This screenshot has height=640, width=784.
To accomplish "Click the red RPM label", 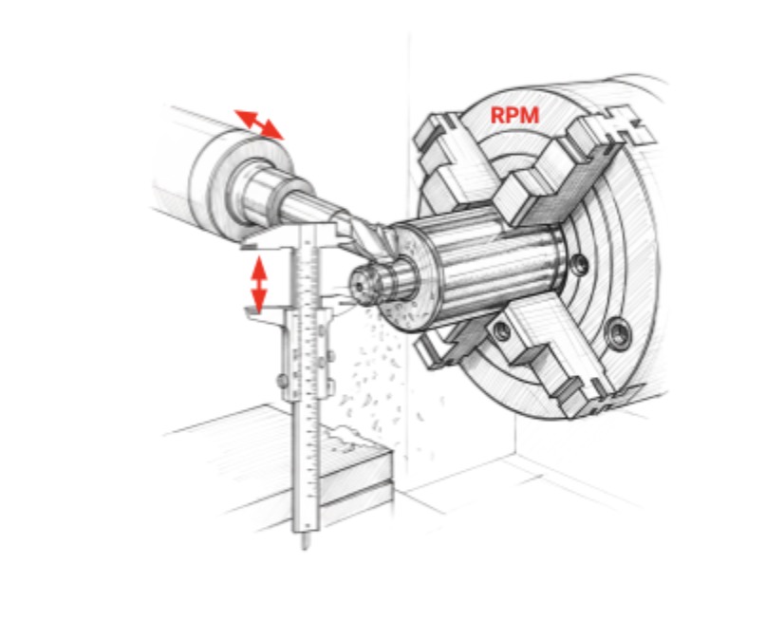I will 514,116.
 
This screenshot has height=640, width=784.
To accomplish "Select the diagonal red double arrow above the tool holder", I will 258,124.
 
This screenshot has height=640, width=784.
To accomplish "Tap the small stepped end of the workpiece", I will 365,282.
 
